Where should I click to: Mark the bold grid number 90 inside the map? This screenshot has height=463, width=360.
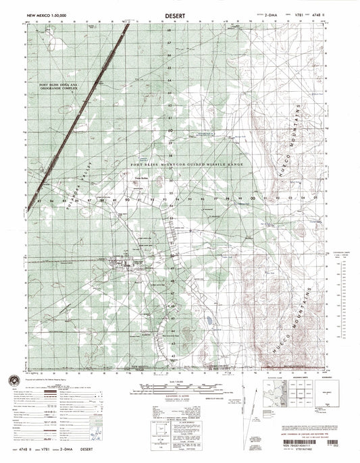(x=128, y=200)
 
